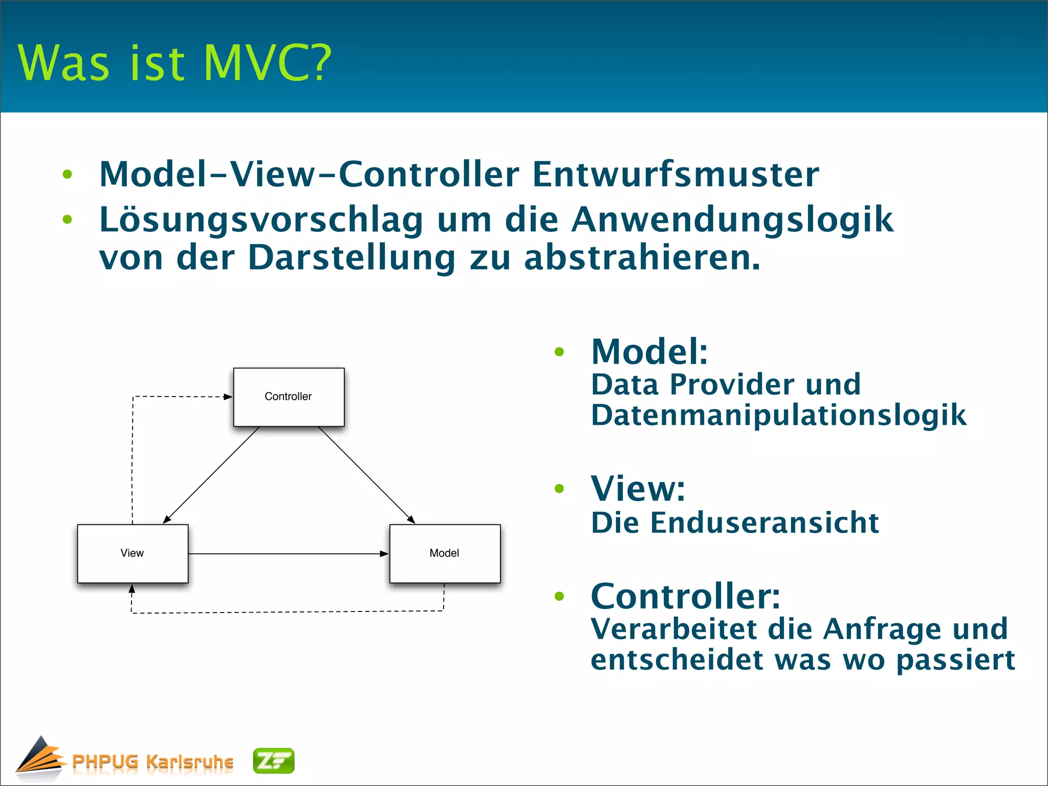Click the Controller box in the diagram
click(289, 397)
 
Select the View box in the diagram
click(133, 553)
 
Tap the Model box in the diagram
click(445, 553)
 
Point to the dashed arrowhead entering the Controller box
click(228, 397)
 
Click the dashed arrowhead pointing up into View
click(132, 589)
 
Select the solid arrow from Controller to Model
click(366, 475)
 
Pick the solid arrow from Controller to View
click(211, 475)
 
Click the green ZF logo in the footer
click(274, 761)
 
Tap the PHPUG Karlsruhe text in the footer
click(152, 761)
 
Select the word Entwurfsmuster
click(675, 174)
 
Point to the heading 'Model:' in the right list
click(649, 352)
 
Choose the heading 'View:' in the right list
click(638, 489)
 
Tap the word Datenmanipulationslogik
click(778, 414)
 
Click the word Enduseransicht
click(765, 523)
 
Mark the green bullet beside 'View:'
click(559, 489)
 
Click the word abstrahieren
click(642, 257)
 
